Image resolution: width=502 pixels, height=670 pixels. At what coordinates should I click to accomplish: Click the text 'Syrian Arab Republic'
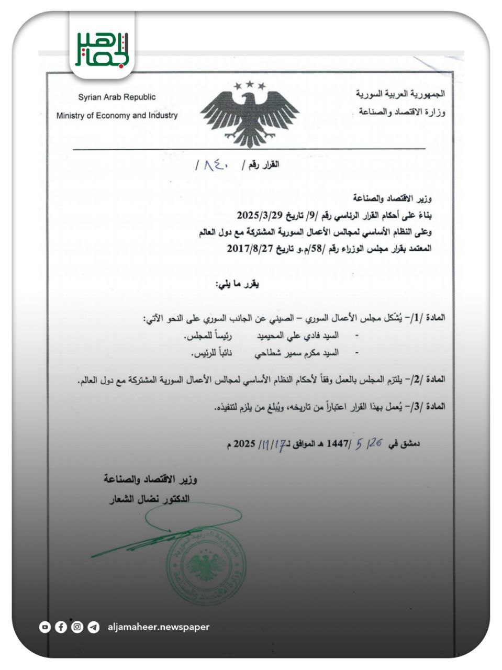pyautogui.click(x=117, y=97)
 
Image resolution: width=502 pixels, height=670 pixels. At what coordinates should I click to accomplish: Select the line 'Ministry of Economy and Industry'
pyautogui.click(x=117, y=116)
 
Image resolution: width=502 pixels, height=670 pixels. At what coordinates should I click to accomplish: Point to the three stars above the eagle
pyautogui.click(x=249, y=85)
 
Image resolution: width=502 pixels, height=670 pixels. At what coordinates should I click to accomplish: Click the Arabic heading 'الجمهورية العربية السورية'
pyautogui.click(x=401, y=94)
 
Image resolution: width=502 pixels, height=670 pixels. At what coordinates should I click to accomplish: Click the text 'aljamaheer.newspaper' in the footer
pyautogui.click(x=158, y=627)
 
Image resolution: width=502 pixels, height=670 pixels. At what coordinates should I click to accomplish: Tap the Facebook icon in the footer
pyautogui.click(x=61, y=627)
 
